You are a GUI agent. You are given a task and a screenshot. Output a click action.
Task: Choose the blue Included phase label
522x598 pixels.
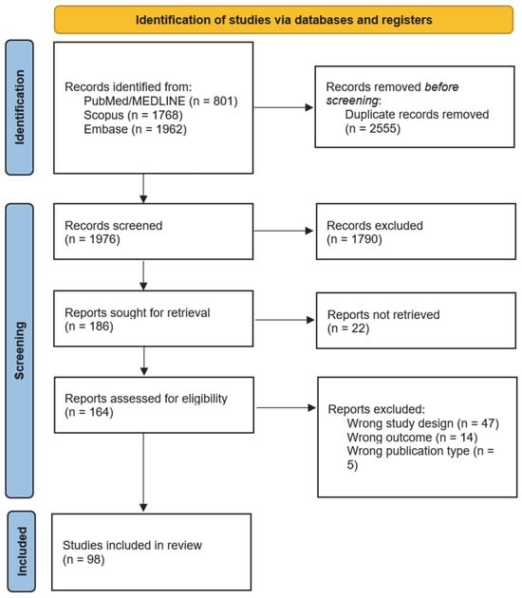coord(22,551)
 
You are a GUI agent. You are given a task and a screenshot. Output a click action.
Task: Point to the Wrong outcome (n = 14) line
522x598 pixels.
coord(414,437)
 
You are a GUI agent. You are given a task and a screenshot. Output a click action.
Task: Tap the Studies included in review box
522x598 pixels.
coord(152,551)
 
